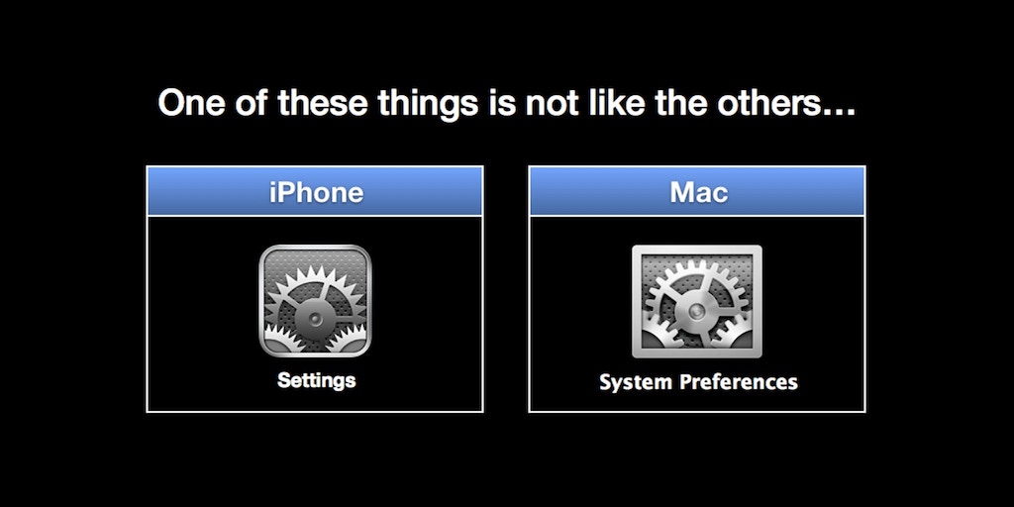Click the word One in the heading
tap(191, 103)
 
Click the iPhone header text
tap(315, 191)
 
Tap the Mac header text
tap(697, 191)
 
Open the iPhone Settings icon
tap(315, 300)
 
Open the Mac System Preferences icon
tap(697, 301)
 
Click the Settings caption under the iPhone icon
tap(315, 380)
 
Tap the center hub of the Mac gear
tap(696, 311)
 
